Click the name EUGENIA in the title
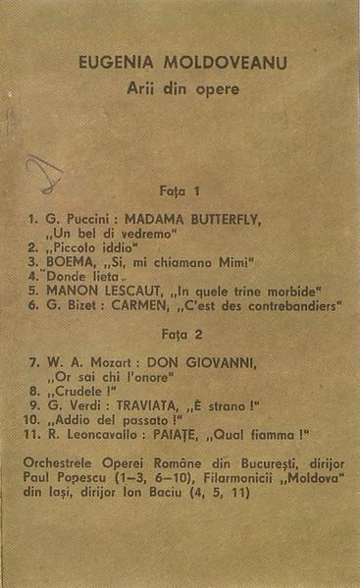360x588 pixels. click(x=111, y=66)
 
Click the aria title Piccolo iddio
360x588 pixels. click(x=92, y=247)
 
